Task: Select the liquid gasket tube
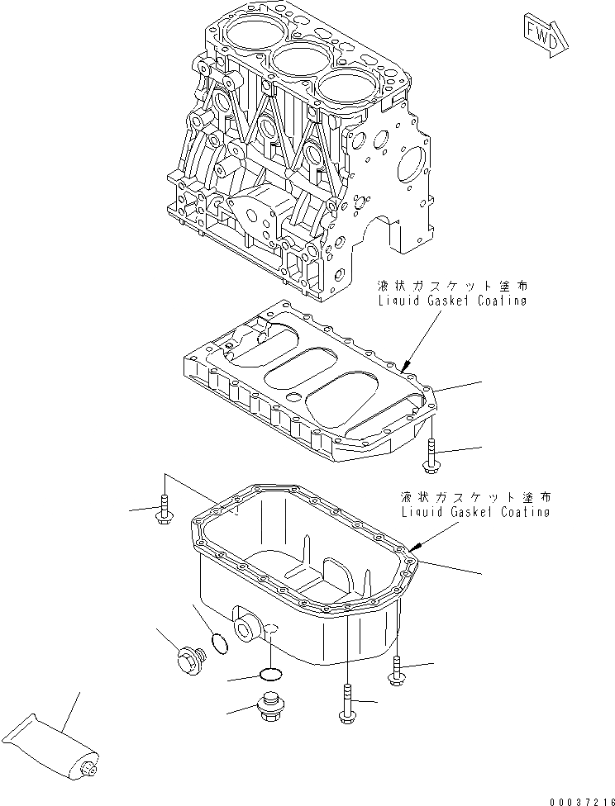coord(50,747)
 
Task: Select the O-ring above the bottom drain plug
coord(270,674)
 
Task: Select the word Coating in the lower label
coord(518,512)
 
